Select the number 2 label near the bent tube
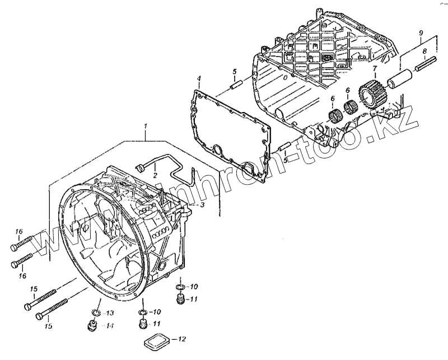pos(155,175)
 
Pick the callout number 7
pos(375,69)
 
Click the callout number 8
pos(424,52)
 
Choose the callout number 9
pos(419,34)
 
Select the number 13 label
pos(110,312)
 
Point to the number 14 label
pos(110,326)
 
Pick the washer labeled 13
pos(95,312)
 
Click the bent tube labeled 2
pos(168,166)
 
